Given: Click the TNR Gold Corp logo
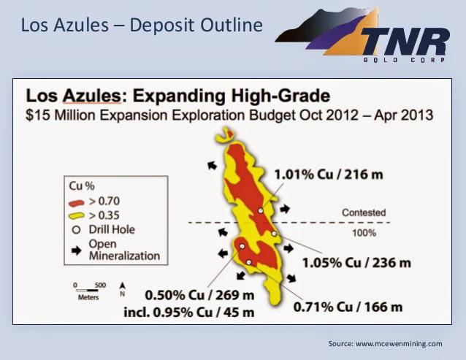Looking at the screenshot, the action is click(362, 35).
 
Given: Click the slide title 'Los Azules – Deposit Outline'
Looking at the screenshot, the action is click(142, 25).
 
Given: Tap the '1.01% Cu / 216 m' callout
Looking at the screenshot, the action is click(329, 175).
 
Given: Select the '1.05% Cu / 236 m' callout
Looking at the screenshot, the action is click(356, 263).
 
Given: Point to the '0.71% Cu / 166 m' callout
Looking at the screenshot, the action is click(348, 307).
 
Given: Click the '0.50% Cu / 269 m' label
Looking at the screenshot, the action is click(199, 295).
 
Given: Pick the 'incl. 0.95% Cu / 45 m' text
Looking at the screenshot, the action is click(189, 313).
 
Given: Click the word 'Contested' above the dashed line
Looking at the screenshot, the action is click(364, 212).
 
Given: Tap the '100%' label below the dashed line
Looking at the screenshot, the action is click(364, 233).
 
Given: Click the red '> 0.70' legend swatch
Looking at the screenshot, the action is click(77, 203).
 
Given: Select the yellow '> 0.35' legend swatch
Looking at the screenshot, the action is click(77, 215).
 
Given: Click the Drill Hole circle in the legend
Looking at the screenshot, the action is click(77, 230).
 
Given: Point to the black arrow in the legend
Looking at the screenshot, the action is click(77, 250).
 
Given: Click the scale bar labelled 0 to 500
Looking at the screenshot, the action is click(88, 290).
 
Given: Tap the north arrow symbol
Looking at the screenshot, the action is click(122, 286).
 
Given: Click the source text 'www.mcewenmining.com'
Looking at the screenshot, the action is click(399, 344).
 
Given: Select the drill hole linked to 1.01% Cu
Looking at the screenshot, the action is click(261, 210).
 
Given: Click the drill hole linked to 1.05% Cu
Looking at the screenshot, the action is click(274, 234).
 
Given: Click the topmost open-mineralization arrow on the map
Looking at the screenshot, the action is click(213, 165).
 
